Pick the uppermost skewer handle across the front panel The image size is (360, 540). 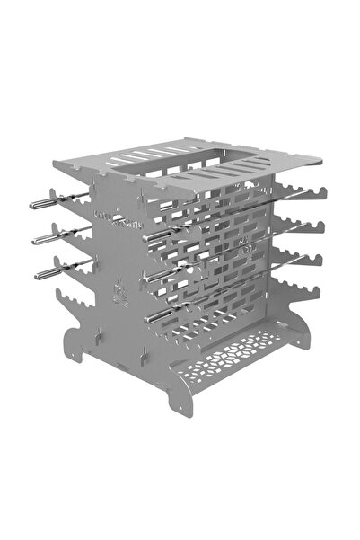point(162,236)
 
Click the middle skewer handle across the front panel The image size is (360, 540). point(162,270)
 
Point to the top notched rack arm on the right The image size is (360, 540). point(301,191)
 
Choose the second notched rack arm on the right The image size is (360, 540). point(301,224)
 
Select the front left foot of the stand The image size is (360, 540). point(76,354)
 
